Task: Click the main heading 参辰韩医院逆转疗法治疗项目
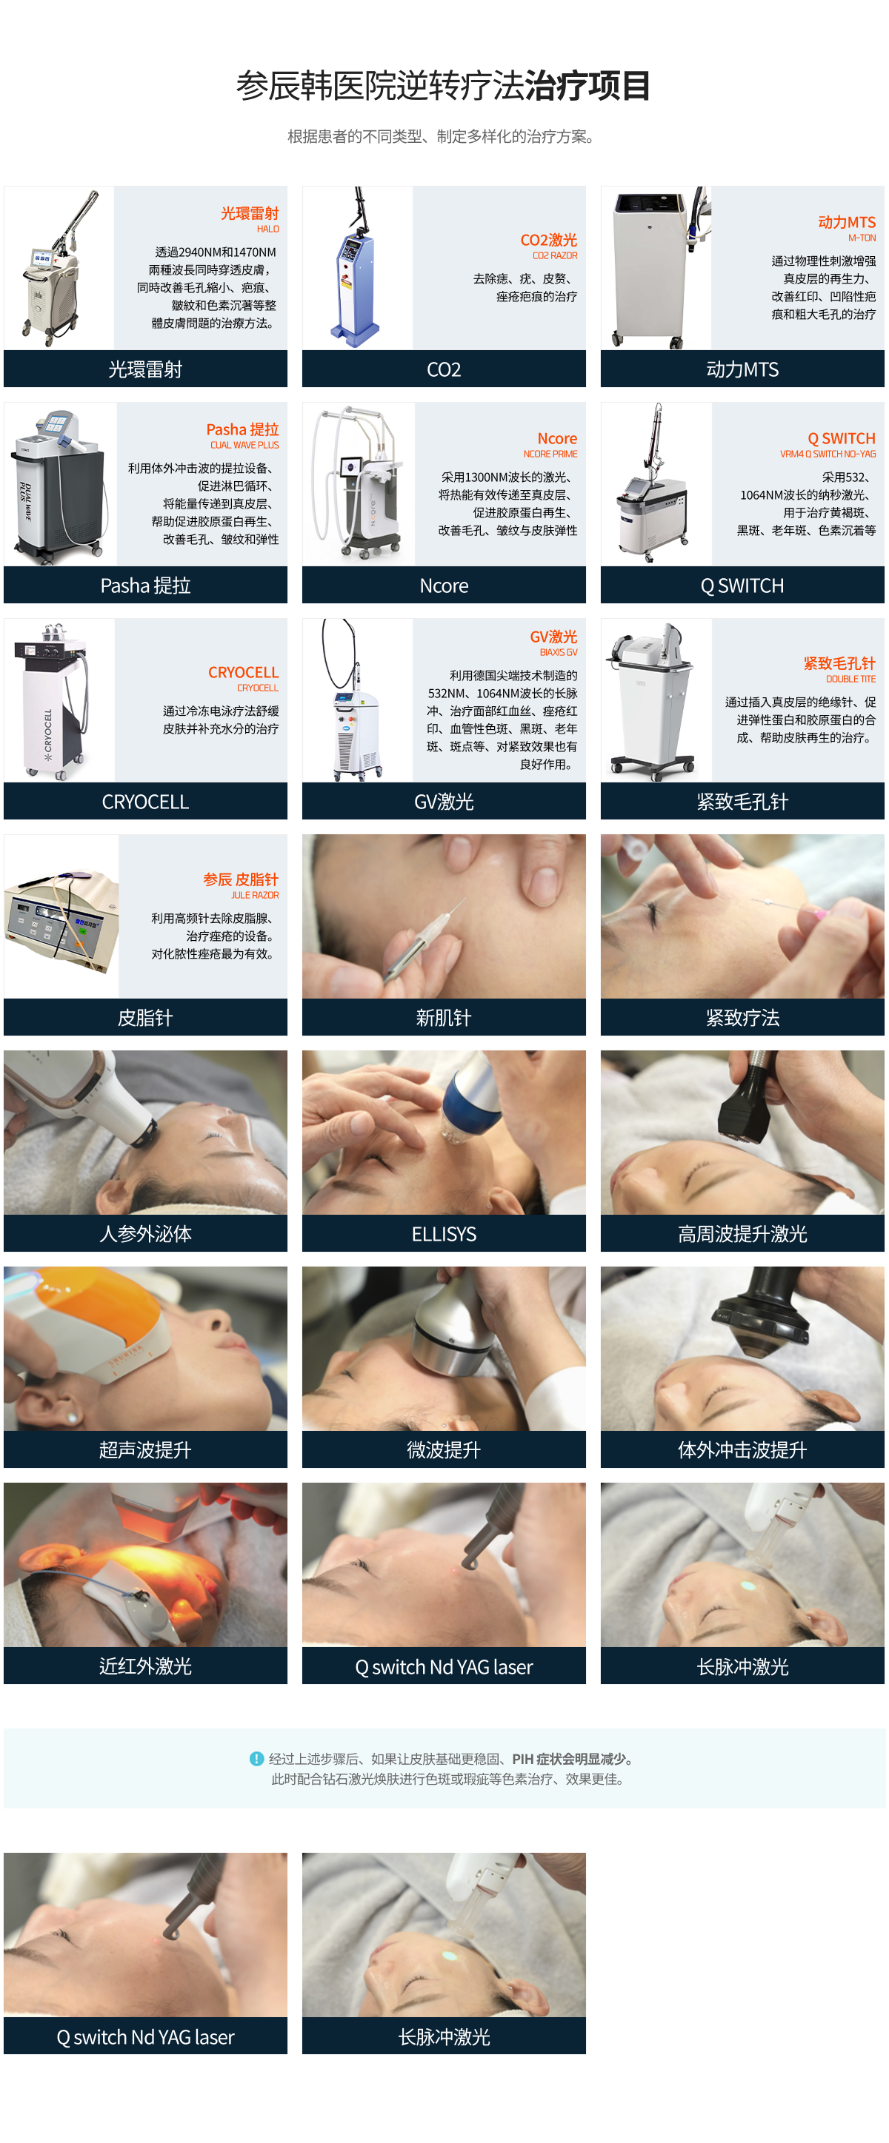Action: coord(444,86)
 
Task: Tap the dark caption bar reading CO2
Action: coord(444,369)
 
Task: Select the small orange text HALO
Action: coord(268,229)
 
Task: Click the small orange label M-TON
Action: coord(862,238)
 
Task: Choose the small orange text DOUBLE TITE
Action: coord(850,679)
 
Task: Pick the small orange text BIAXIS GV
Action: coord(559,652)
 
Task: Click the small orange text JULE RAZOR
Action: coord(255,895)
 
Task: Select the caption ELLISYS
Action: coord(444,1234)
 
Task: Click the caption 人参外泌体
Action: coord(146,1234)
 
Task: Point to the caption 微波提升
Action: coord(444,1450)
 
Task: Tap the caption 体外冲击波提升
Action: coord(742,1450)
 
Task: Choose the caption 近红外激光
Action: coord(146,1666)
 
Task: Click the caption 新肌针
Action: coord(444,1017)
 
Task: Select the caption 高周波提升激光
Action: coord(742,1234)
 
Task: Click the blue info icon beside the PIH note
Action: coord(256,1759)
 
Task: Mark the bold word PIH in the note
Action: coord(523,1759)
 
